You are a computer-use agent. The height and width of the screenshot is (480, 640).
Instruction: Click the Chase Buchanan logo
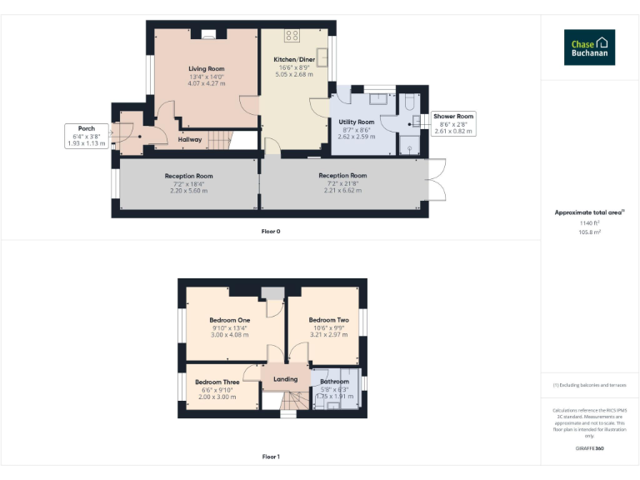[589, 47]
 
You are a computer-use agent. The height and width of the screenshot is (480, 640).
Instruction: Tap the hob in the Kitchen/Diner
[292, 35]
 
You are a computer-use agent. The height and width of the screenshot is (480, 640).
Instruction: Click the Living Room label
[206, 68]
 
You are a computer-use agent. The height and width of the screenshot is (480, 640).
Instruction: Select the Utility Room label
[356, 122]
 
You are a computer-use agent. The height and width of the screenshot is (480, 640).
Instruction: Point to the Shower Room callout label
[453, 117]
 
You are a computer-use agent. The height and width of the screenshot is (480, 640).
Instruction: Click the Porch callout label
[87, 129]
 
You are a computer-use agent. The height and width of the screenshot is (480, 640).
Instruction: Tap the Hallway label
[189, 139]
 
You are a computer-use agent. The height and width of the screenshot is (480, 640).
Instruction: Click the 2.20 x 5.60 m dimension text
[188, 190]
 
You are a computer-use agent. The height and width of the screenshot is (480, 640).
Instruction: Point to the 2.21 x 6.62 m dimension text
[342, 190]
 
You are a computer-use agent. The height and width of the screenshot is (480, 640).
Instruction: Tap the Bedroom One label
[229, 320]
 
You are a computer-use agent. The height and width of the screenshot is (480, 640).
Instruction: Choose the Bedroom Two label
[328, 320]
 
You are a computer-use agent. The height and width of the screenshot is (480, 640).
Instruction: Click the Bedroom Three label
[217, 382]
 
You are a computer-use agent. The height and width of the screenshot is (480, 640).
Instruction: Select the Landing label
[285, 380]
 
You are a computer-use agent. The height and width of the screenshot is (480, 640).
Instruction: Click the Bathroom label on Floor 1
[334, 382]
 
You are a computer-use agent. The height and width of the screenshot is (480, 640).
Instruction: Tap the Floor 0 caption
[271, 231]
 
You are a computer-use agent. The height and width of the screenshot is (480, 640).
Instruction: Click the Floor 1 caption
[271, 457]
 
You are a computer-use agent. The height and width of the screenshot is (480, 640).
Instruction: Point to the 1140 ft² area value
[589, 223]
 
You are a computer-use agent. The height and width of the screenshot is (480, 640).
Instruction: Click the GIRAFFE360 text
[589, 448]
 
